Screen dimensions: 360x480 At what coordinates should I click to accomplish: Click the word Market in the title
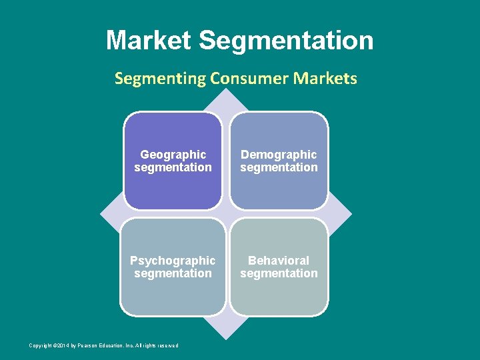[149, 41]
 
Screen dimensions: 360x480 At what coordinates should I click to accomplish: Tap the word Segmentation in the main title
[286, 41]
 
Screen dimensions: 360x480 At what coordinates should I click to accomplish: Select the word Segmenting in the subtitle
[160, 79]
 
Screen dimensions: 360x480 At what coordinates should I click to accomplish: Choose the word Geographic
[173, 155]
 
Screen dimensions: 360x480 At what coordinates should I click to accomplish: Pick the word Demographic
[279, 155]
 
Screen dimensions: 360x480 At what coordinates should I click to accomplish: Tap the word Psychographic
[173, 261]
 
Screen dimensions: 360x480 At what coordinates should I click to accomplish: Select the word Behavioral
[279, 261]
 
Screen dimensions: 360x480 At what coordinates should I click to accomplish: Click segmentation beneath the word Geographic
[173, 167]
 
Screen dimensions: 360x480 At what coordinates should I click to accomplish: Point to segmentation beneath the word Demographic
[279, 167]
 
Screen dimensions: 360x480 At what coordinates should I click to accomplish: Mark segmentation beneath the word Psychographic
[173, 273]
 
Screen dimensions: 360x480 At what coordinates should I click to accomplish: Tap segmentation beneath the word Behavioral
[279, 273]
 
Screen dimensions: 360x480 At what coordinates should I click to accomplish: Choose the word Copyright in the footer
[40, 345]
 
